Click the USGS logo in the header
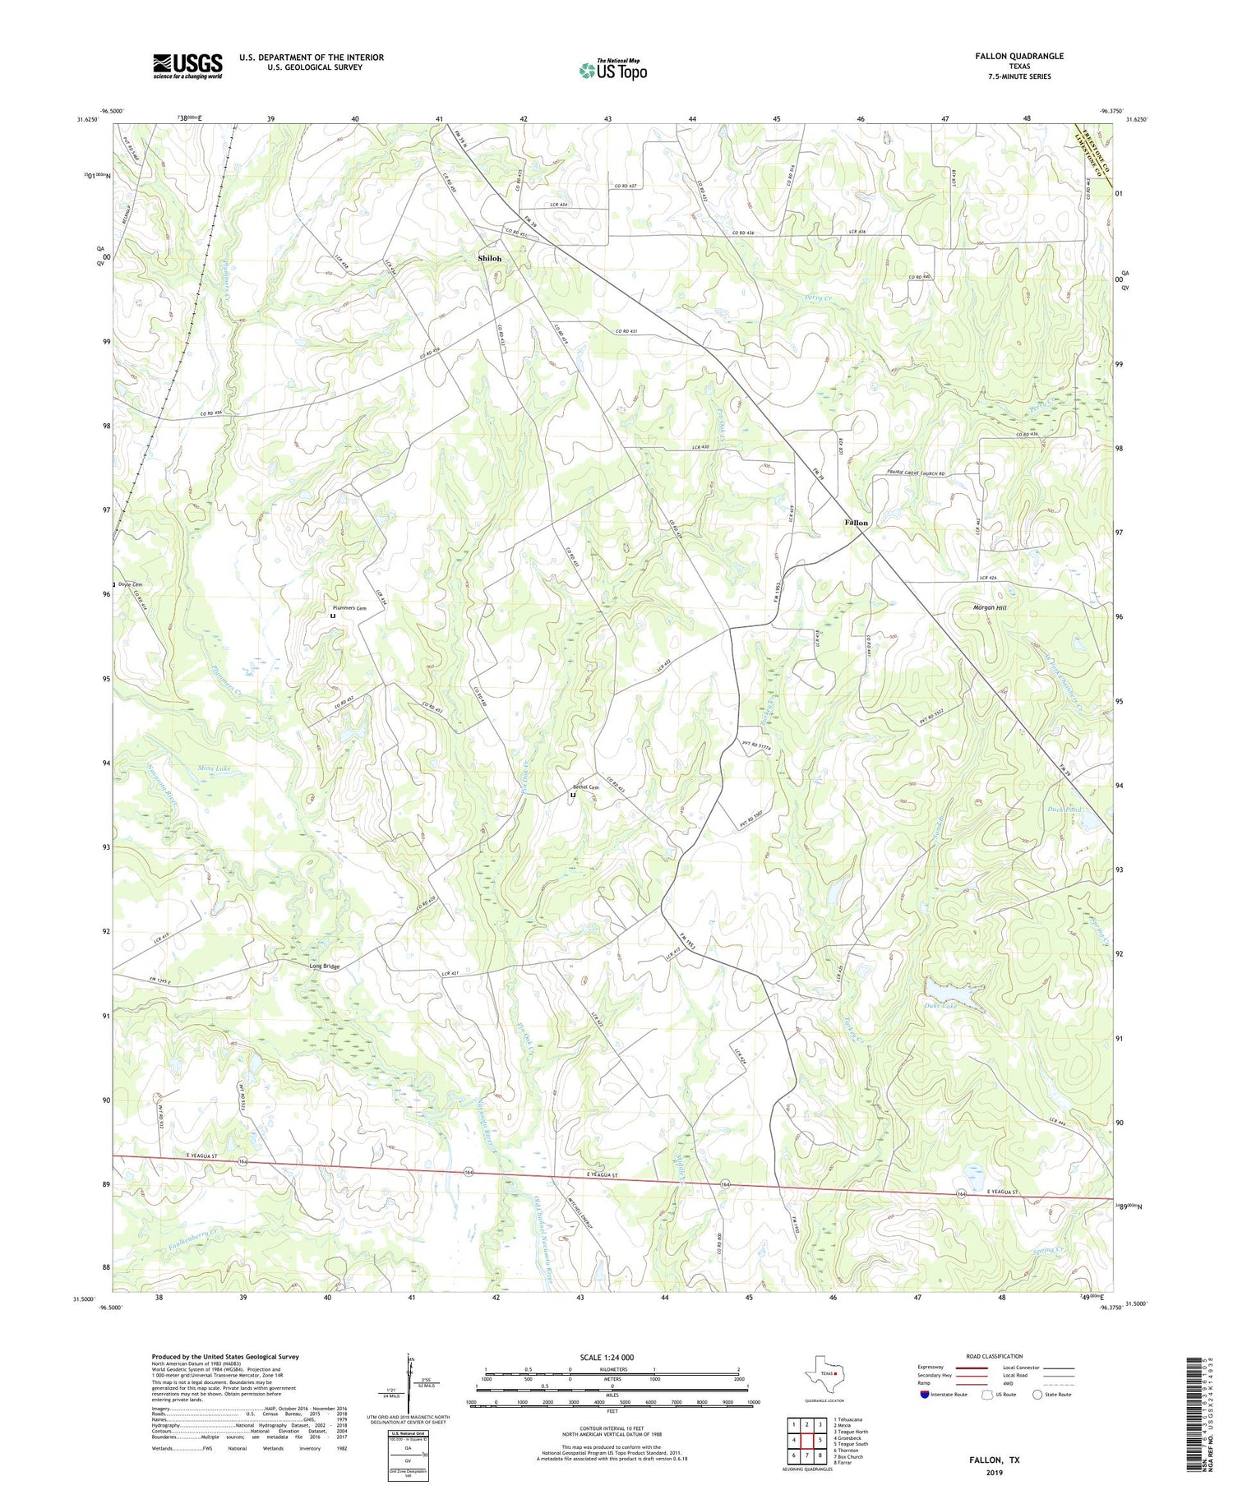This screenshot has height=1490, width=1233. tap(187, 66)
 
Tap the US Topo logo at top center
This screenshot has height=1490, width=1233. tap(612, 71)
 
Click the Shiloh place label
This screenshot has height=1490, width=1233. tap(490, 258)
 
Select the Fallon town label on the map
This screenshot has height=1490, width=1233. tap(856, 523)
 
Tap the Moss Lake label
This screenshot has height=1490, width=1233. tap(214, 768)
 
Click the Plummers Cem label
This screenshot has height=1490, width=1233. tap(349, 607)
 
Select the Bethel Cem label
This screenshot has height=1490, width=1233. tap(586, 787)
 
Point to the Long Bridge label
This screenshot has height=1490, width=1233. tap(324, 966)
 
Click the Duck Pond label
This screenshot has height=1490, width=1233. tap(1065, 810)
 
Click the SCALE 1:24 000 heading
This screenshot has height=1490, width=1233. tap(612, 1357)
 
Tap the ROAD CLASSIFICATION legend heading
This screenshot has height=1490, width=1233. tap(995, 1356)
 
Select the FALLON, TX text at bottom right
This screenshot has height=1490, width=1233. tap(996, 1460)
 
